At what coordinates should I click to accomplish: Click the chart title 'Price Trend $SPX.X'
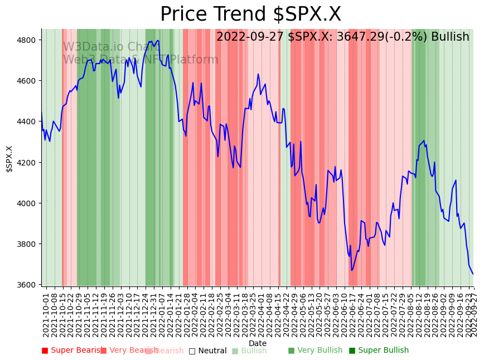tap(250, 14)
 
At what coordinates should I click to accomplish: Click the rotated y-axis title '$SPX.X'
tap(9, 159)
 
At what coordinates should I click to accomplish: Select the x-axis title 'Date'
tap(258, 343)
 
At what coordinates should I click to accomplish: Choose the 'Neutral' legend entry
tap(207, 351)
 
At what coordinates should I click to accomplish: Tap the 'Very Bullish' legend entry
tap(315, 351)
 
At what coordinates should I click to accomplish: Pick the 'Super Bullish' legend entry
tap(379, 351)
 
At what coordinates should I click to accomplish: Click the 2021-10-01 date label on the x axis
tap(46, 314)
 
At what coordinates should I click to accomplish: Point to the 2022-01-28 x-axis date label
tap(187, 314)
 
